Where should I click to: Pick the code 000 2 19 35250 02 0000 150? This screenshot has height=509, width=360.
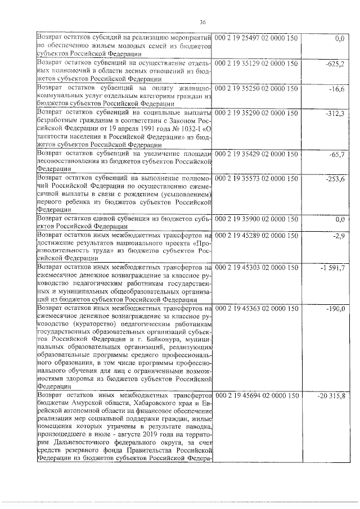coord(256,89)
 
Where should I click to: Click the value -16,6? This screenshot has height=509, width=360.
coord(337,89)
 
